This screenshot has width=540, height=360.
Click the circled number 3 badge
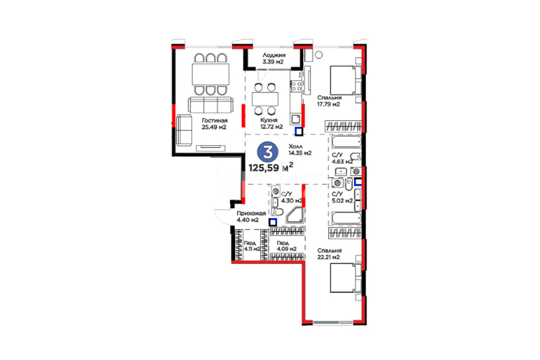pos(268,152)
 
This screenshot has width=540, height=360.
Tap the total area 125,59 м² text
pos(271,168)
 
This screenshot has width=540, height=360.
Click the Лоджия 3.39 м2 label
pos(273,58)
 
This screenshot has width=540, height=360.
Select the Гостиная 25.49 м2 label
pos(214,123)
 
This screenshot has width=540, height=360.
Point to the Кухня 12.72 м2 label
pos(271,123)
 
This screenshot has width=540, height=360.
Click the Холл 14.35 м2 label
pos(300,150)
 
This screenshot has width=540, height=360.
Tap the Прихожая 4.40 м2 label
pos(251,216)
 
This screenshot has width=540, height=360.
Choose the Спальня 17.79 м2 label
pos(329,101)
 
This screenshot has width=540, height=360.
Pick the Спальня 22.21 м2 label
pos(329,254)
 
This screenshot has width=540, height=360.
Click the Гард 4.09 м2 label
pos(287,246)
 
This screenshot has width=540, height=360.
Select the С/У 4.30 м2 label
pos(292,198)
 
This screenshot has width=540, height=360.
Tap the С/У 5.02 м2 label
pos(342,197)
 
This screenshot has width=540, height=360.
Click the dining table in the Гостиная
pos(210,74)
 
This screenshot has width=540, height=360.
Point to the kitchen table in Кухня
pos(265,99)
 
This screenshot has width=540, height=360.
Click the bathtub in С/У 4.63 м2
pos(346,142)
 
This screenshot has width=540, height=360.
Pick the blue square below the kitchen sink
pos(299,131)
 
